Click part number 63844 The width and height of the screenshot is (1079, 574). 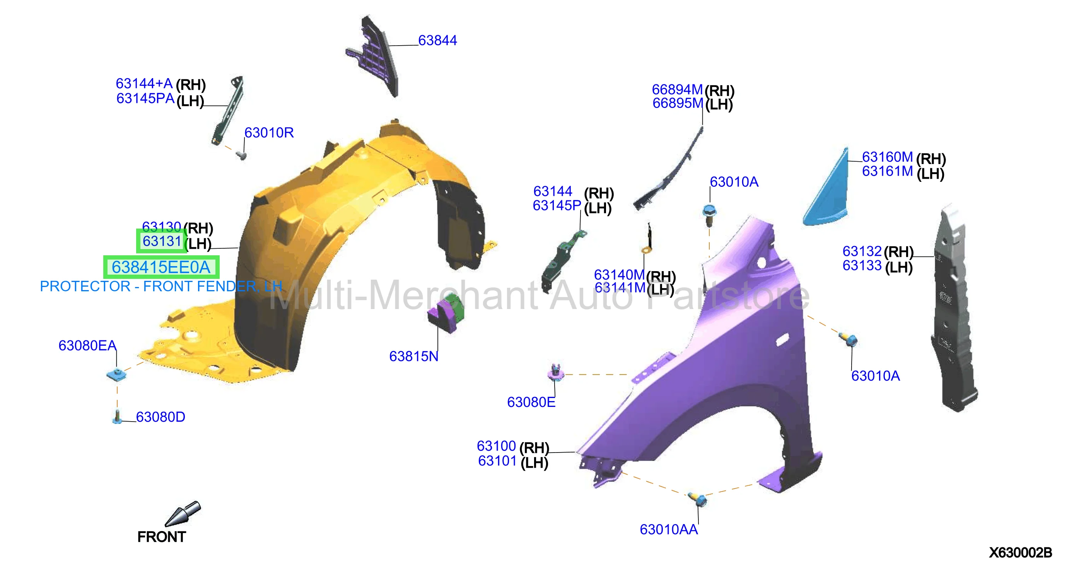point(437,40)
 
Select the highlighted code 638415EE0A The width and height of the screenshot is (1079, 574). point(161,267)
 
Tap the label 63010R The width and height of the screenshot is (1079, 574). point(269,132)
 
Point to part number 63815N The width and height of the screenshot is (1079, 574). point(413,356)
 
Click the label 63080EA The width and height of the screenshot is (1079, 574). point(87,345)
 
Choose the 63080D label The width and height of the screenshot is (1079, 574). point(160,417)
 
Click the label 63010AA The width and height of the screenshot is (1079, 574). point(669,529)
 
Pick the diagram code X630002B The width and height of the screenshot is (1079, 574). point(1020,553)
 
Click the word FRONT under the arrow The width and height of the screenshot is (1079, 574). point(161,537)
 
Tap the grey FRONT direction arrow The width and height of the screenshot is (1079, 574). point(183,514)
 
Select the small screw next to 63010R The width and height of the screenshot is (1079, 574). point(242,156)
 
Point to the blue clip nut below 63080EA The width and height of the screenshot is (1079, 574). point(116,374)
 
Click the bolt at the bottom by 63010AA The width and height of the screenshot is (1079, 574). point(698,499)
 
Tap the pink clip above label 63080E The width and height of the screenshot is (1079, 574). point(556,372)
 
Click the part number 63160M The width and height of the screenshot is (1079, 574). point(887,157)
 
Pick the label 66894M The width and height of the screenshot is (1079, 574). point(677,89)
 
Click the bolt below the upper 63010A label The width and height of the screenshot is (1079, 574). point(709,214)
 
